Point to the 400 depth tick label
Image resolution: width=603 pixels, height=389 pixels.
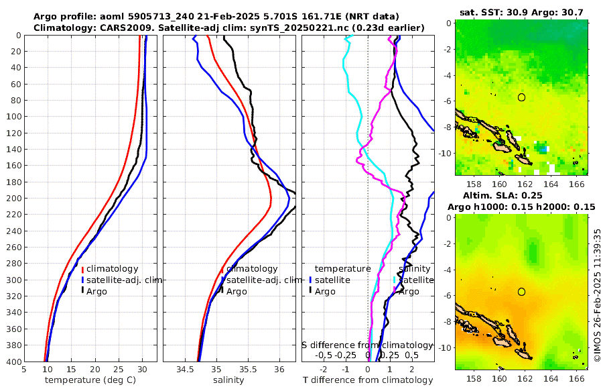(12, 362)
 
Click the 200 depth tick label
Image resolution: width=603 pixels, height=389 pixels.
(12, 198)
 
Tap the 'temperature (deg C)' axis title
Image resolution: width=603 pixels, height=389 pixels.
(90, 380)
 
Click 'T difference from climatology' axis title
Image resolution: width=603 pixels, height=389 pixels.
(368, 380)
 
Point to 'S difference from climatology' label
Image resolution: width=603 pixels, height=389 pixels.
(367, 345)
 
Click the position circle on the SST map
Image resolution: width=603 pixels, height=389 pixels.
(521, 97)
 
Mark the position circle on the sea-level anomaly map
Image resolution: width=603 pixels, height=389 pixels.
(521, 292)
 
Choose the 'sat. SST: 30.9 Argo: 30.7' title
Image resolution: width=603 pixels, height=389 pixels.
(521, 12)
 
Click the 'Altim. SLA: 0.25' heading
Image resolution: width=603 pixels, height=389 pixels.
(521, 195)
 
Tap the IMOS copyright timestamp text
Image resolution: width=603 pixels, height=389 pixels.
(597, 295)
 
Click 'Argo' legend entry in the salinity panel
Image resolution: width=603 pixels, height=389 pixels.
(237, 292)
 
